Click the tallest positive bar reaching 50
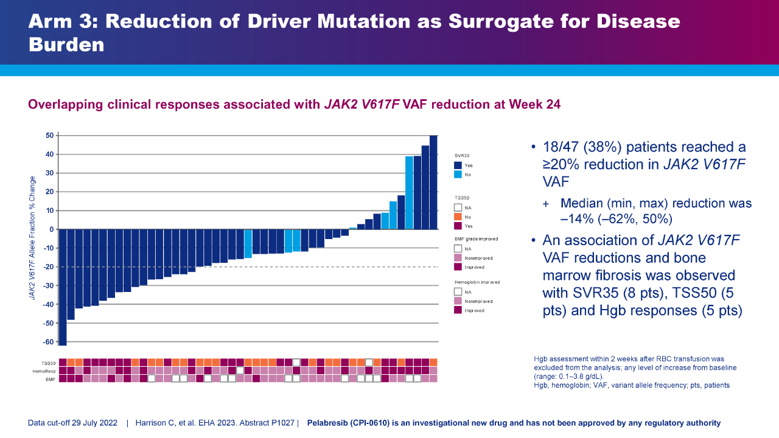pyautogui.click(x=433, y=182)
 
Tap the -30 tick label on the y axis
pyautogui.click(x=47, y=285)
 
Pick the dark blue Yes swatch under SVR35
pyautogui.click(x=458, y=165)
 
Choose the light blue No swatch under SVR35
pyautogui.click(x=458, y=175)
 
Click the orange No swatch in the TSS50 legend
pyautogui.click(x=458, y=217)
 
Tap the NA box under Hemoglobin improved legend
pyautogui.click(x=458, y=292)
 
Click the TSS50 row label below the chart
pyautogui.click(x=49, y=363)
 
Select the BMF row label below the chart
pyautogui.click(x=51, y=378)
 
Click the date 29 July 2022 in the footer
pyautogui.click(x=95, y=423)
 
